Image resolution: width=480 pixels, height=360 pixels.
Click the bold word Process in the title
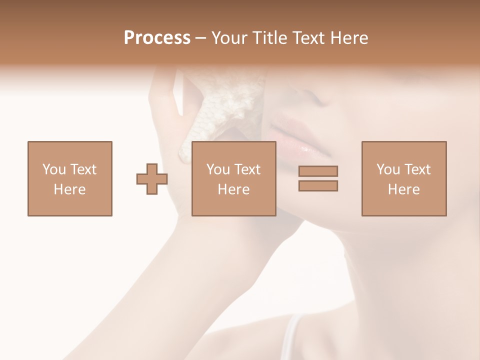[157, 38]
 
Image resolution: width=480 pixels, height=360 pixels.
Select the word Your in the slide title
[230, 38]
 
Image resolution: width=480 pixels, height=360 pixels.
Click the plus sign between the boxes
[152, 178]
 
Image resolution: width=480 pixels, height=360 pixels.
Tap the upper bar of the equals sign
[318, 171]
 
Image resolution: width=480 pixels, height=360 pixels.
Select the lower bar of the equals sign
[318, 185]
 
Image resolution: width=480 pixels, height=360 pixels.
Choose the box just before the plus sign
[70, 178]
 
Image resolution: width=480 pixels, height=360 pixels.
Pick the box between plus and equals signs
[234, 178]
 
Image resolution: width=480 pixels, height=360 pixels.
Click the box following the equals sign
[404, 178]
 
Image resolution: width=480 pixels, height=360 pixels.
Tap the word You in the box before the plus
[54, 169]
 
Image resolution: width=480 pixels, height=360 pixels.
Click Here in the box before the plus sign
[70, 189]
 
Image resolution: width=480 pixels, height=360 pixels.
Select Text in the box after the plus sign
[247, 169]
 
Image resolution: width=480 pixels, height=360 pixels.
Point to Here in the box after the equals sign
[404, 189]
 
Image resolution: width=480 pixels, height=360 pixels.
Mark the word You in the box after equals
[388, 169]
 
